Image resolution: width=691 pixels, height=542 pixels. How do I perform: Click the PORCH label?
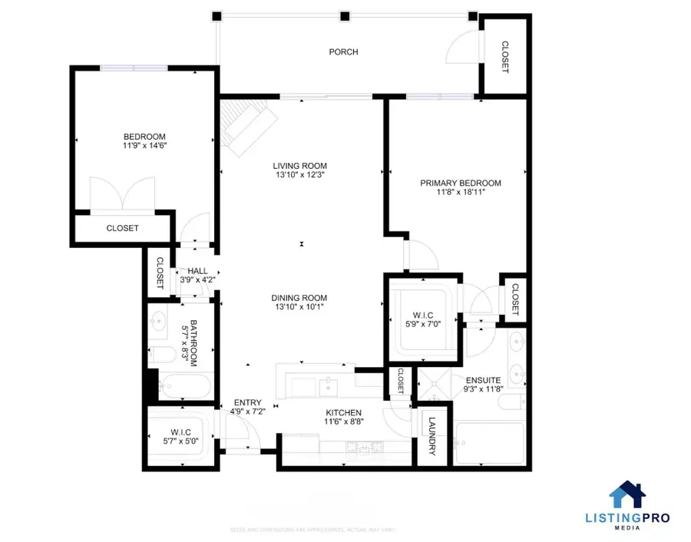point(343,52)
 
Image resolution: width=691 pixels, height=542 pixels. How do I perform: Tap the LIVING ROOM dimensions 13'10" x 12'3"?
point(300,176)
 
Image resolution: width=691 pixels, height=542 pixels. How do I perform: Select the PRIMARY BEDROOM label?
point(460,183)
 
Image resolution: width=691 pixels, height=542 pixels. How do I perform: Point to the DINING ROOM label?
point(299,299)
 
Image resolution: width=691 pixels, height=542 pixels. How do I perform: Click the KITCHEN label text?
point(342,413)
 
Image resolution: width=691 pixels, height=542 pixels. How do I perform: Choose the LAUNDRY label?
point(431,437)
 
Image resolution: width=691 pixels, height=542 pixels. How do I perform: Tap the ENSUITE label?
point(482,380)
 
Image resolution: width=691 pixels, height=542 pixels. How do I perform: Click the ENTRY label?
point(248,402)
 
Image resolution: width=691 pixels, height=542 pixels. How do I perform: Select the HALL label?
point(197,271)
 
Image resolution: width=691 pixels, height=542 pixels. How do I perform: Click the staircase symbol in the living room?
point(246,127)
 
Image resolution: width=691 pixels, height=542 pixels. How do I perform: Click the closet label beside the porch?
point(504,58)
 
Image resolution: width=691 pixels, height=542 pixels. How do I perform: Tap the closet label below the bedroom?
point(122,228)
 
